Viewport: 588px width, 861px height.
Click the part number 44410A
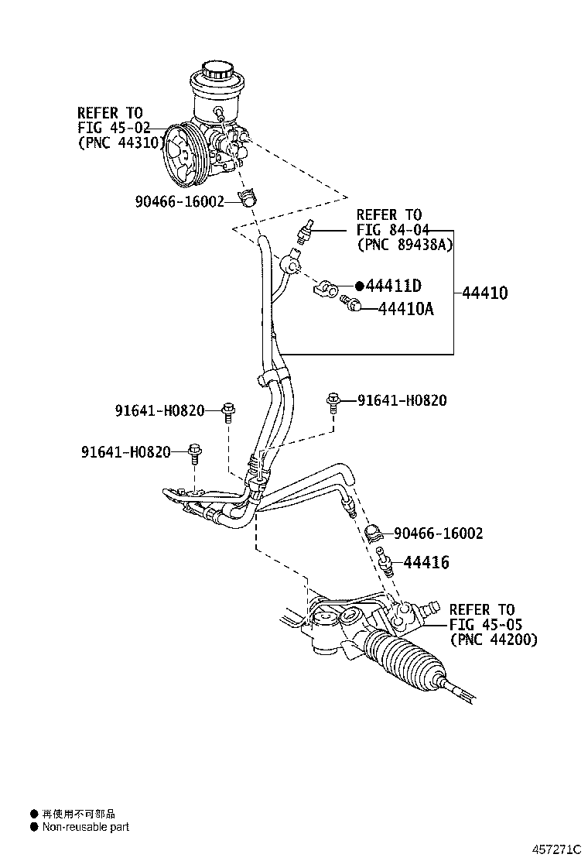(x=405, y=310)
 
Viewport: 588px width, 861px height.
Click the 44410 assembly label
(x=485, y=293)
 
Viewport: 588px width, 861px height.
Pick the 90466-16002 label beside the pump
(x=179, y=201)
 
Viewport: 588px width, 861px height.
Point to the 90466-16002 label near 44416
(x=438, y=533)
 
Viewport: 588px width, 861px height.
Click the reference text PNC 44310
(x=120, y=142)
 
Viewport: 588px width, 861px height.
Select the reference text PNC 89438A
(x=405, y=244)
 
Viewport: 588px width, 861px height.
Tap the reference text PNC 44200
(x=493, y=640)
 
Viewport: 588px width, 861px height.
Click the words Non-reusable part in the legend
(x=85, y=827)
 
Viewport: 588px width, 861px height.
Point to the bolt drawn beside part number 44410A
(x=352, y=305)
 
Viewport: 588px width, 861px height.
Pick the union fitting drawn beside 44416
(x=383, y=559)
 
